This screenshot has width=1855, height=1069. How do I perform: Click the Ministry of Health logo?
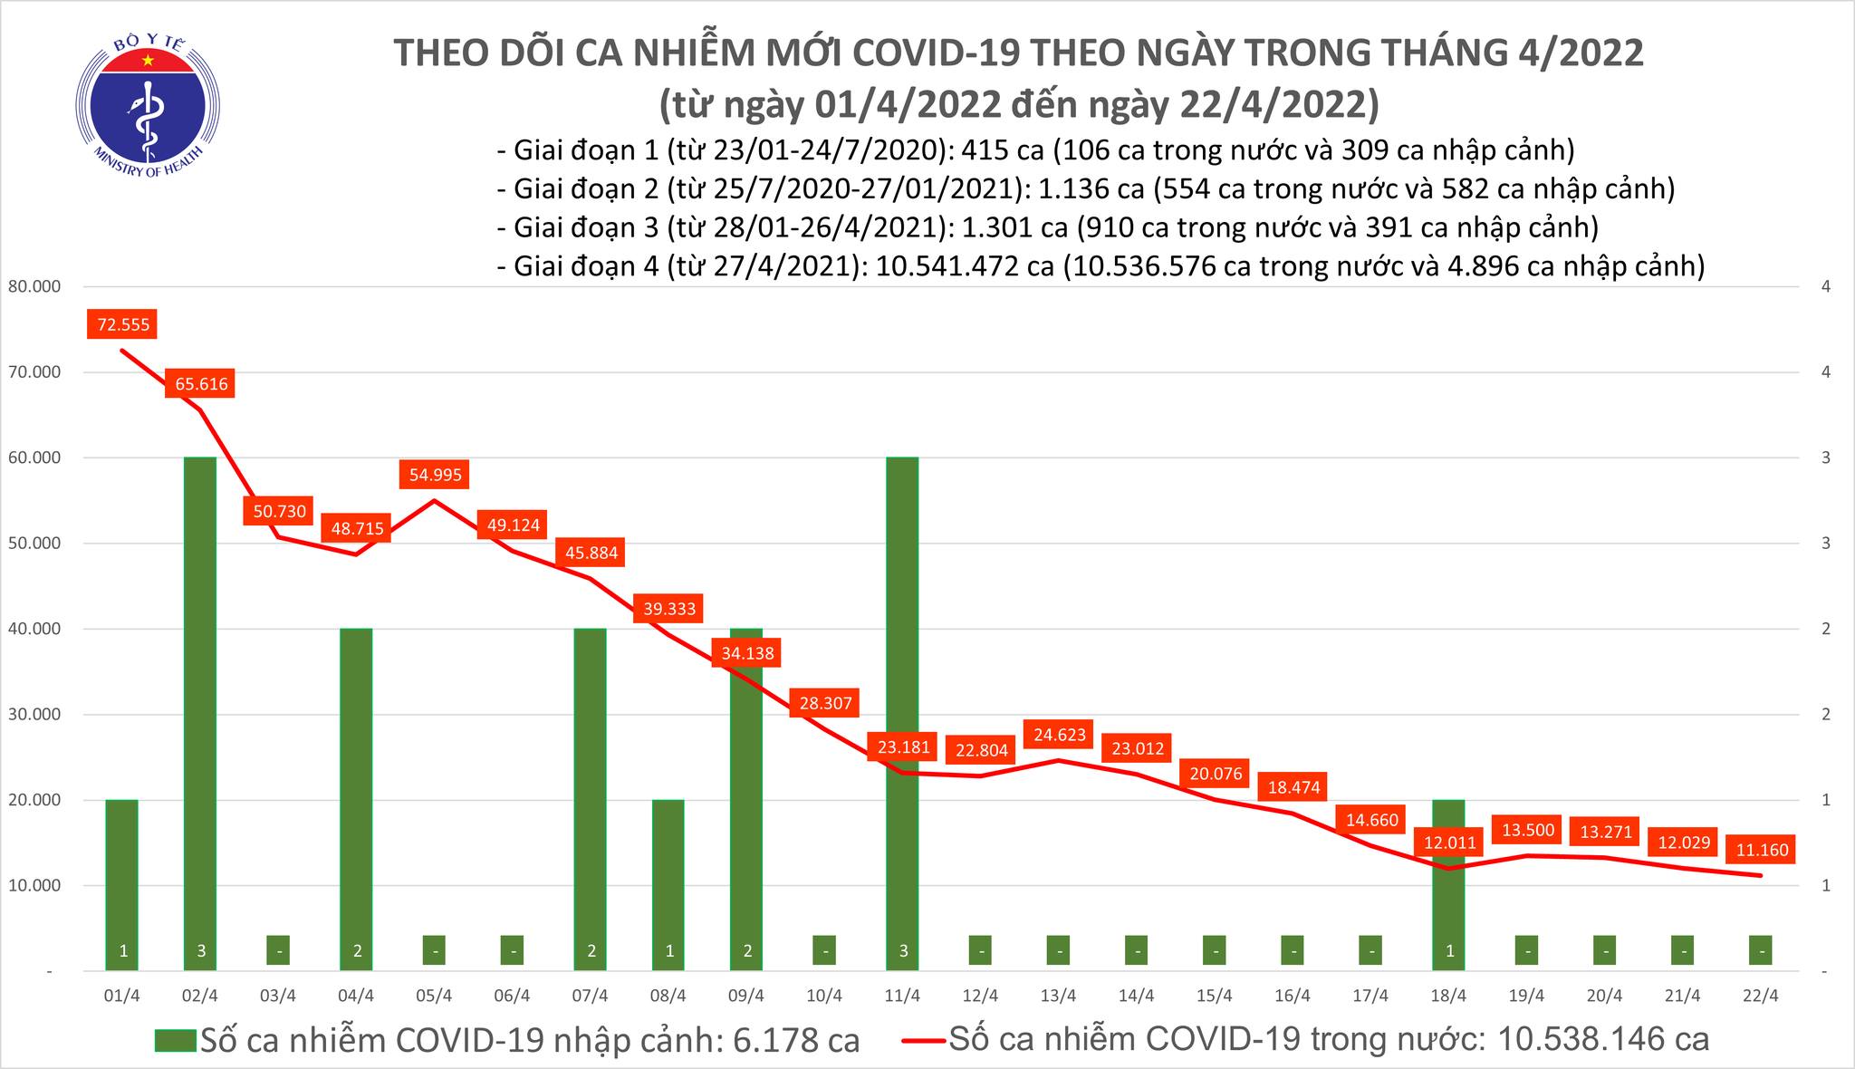tap(147, 101)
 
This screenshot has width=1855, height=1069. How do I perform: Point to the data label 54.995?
tap(435, 475)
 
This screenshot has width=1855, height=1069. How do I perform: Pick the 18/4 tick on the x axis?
tap(1448, 996)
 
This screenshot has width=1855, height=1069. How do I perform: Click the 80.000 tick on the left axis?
tap(33, 287)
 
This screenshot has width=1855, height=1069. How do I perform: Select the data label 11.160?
tap(1761, 851)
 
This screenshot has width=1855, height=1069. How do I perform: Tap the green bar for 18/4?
tap(1448, 883)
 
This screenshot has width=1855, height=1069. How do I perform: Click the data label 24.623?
tap(1058, 735)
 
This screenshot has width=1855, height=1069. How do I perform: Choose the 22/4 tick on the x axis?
tap(1761, 996)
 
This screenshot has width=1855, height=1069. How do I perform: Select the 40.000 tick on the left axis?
tap(33, 629)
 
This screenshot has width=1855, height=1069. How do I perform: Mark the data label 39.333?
tap(668, 609)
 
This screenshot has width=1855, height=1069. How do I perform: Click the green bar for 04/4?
tap(356, 797)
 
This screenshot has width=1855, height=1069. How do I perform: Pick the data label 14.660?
tap(1370, 820)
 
